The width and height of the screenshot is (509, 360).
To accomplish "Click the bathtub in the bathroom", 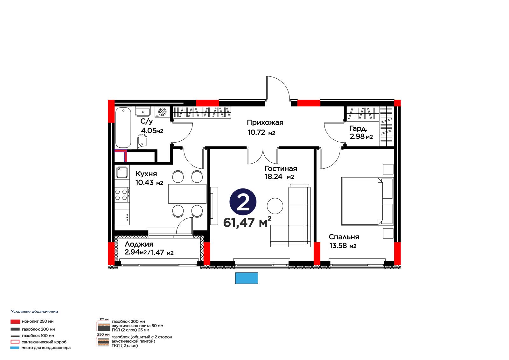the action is pos(123,128).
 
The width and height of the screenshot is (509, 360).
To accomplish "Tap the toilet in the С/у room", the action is pos(143,141).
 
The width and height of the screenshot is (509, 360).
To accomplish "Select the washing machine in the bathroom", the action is pos(163,112).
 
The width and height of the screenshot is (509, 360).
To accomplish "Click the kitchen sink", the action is pos(122,172).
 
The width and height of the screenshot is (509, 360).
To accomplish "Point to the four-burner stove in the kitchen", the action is pos(122,195).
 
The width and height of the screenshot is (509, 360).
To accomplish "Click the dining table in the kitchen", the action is pos(187,194).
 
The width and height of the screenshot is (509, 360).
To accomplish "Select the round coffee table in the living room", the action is pos(275,206).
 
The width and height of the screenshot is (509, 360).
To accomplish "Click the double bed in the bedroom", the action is pos(367,201).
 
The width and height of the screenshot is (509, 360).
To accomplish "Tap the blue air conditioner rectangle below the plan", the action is pos(247,278).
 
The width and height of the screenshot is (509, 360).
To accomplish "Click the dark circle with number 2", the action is pos(243,202).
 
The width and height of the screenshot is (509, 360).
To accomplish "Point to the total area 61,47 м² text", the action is pos(247,222).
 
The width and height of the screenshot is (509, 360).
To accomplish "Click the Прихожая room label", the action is pos(265,123).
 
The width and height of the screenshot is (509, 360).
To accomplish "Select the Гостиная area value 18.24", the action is pos(274,176).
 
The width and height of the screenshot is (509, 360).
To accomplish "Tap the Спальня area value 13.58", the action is pos(338,246).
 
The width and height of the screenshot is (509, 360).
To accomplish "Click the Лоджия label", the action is pos(139,244).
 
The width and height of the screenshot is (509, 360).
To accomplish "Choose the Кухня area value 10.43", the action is pos(144,182).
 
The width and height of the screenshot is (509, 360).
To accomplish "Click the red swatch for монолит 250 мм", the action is pos(15,321).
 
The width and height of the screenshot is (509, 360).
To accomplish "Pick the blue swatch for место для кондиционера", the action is pos(15,348).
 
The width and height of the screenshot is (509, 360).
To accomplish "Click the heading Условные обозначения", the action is pos(35,312).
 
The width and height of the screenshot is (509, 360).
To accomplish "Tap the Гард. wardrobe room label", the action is pos(358,129).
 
